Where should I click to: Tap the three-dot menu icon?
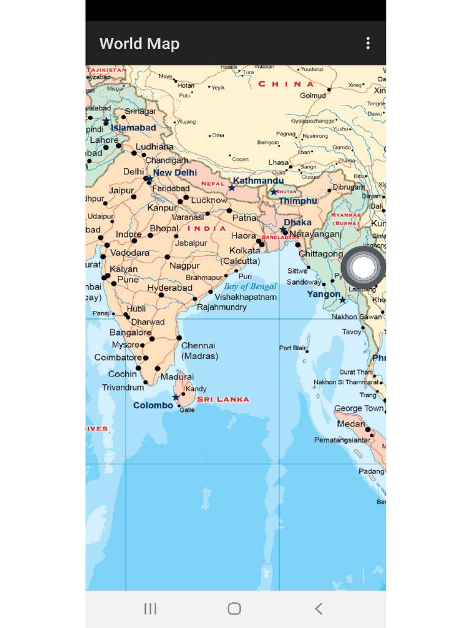point(368,43)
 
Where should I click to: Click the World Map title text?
point(139,44)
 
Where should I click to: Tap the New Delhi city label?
point(175,173)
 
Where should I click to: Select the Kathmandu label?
point(258,181)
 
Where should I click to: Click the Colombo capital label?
point(153,405)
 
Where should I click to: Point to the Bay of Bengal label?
point(250,286)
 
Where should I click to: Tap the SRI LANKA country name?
point(223,399)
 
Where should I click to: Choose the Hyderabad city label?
point(170,288)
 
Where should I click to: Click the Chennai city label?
point(198,346)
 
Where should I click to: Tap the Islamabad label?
point(133,128)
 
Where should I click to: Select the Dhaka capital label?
point(297,222)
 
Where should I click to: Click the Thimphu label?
point(298,201)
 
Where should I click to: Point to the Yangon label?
point(324,294)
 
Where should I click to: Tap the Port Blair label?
point(293,348)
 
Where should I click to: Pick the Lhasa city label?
point(278,163)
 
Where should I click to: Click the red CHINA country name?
point(286,84)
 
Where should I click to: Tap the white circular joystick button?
point(364,267)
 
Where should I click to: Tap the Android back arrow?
point(318,608)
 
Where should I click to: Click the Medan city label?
point(351,424)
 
